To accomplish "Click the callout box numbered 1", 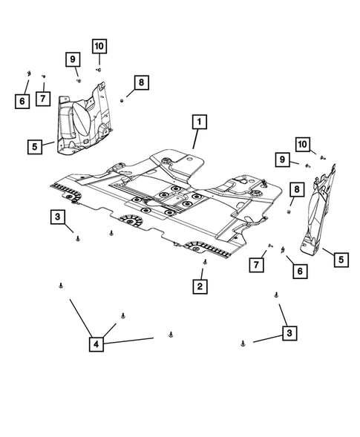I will (198, 122).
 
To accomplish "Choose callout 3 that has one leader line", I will (56, 217).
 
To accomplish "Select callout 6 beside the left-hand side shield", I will (23, 99).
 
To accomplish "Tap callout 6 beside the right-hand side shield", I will (301, 272).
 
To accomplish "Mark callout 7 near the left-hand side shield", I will (45, 99).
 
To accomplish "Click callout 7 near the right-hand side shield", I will (258, 265).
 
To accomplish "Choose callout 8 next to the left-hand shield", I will (141, 82).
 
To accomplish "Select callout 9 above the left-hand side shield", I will (73, 59).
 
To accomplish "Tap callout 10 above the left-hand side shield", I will (99, 46).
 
